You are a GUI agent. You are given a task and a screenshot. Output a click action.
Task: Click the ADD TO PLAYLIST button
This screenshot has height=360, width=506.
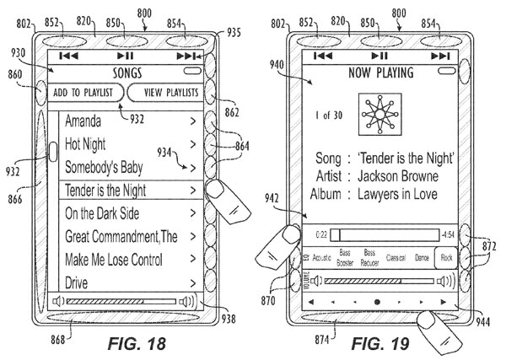[85, 92]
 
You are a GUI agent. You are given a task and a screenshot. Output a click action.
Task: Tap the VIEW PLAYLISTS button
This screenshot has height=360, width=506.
[165, 92]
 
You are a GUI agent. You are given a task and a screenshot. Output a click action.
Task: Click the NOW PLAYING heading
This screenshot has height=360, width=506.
[377, 73]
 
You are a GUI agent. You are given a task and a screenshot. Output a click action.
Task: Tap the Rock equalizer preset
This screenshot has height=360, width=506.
[447, 255]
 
